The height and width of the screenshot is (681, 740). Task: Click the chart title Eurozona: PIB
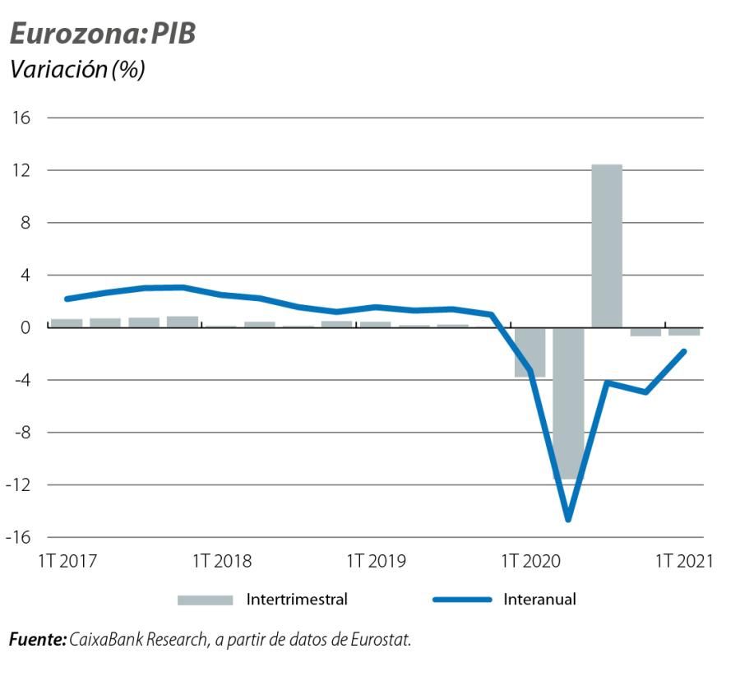[102, 34]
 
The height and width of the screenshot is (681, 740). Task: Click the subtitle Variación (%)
[76, 70]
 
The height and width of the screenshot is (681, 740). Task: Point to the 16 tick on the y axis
[21, 118]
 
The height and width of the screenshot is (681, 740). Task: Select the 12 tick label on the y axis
[21, 170]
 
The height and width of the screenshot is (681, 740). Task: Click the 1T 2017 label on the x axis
[68, 562]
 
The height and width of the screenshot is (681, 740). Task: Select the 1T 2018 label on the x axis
[222, 562]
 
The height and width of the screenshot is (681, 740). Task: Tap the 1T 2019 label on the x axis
[377, 562]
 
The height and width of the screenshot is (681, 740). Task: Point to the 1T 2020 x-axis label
[530, 562]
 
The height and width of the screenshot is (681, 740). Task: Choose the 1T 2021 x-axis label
[684, 562]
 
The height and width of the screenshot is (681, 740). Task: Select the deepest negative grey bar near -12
[568, 403]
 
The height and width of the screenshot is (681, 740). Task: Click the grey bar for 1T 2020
[530, 352]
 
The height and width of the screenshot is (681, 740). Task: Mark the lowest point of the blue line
[568, 519]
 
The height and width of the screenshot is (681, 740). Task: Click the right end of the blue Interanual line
[684, 351]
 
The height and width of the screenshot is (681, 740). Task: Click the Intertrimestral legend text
[297, 600]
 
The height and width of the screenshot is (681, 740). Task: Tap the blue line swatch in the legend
[461, 600]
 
